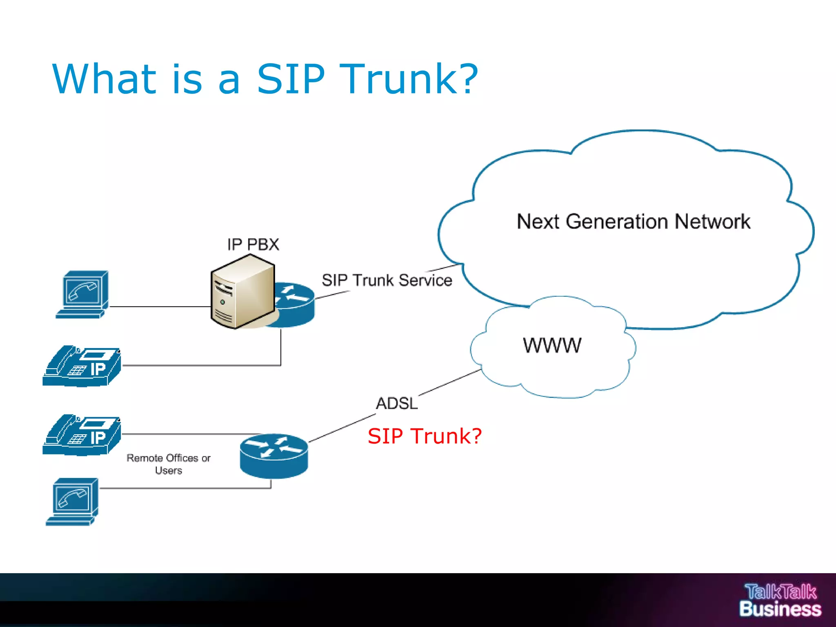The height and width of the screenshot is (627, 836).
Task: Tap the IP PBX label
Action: (253, 245)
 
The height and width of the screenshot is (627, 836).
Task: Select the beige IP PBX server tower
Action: (242, 292)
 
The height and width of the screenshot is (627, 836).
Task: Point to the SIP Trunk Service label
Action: (387, 280)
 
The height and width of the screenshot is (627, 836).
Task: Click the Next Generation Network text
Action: (633, 222)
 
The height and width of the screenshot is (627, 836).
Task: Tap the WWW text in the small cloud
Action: (552, 345)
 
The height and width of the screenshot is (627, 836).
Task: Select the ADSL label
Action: (397, 403)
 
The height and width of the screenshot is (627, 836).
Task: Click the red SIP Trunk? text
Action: (425, 436)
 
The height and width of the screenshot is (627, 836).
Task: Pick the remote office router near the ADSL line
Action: (274, 456)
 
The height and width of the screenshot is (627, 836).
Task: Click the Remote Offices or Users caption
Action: (168, 464)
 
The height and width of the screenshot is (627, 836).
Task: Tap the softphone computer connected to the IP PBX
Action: (83, 294)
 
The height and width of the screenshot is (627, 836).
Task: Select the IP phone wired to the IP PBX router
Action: (82, 366)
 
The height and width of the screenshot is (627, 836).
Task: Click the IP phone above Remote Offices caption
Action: (82, 435)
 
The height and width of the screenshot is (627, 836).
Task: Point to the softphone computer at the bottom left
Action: (73, 501)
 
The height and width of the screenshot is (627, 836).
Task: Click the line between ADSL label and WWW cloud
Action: (449, 382)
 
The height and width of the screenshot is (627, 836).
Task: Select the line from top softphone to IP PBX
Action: (159, 307)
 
